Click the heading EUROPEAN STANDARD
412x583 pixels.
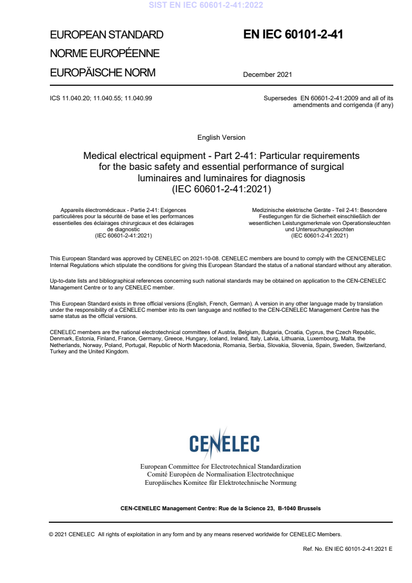click(107, 35)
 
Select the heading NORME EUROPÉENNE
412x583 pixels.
click(104, 54)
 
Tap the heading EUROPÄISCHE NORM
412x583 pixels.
click(102, 73)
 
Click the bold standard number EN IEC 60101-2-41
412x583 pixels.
click(293, 35)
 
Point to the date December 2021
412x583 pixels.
click(268, 74)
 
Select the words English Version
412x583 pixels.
click(221, 138)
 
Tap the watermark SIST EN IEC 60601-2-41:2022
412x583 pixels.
click(206, 5)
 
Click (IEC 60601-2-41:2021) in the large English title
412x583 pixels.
click(221, 189)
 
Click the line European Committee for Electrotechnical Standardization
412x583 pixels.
click(221, 467)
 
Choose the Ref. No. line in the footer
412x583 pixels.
click(348, 549)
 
